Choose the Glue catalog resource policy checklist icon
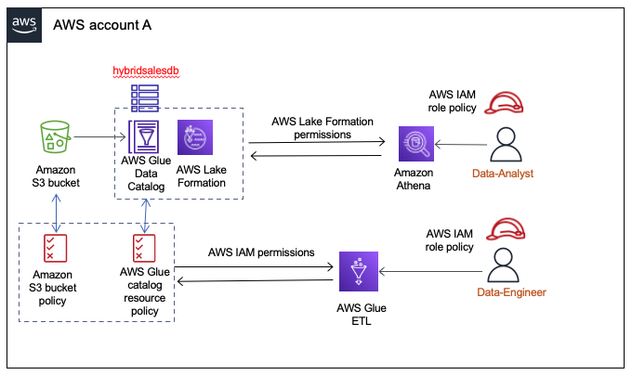coord(144,248)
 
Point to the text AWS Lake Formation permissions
coord(311,128)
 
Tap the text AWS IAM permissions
coord(262,252)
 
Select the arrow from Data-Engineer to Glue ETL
coord(433,271)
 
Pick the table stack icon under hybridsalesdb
coord(144,95)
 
